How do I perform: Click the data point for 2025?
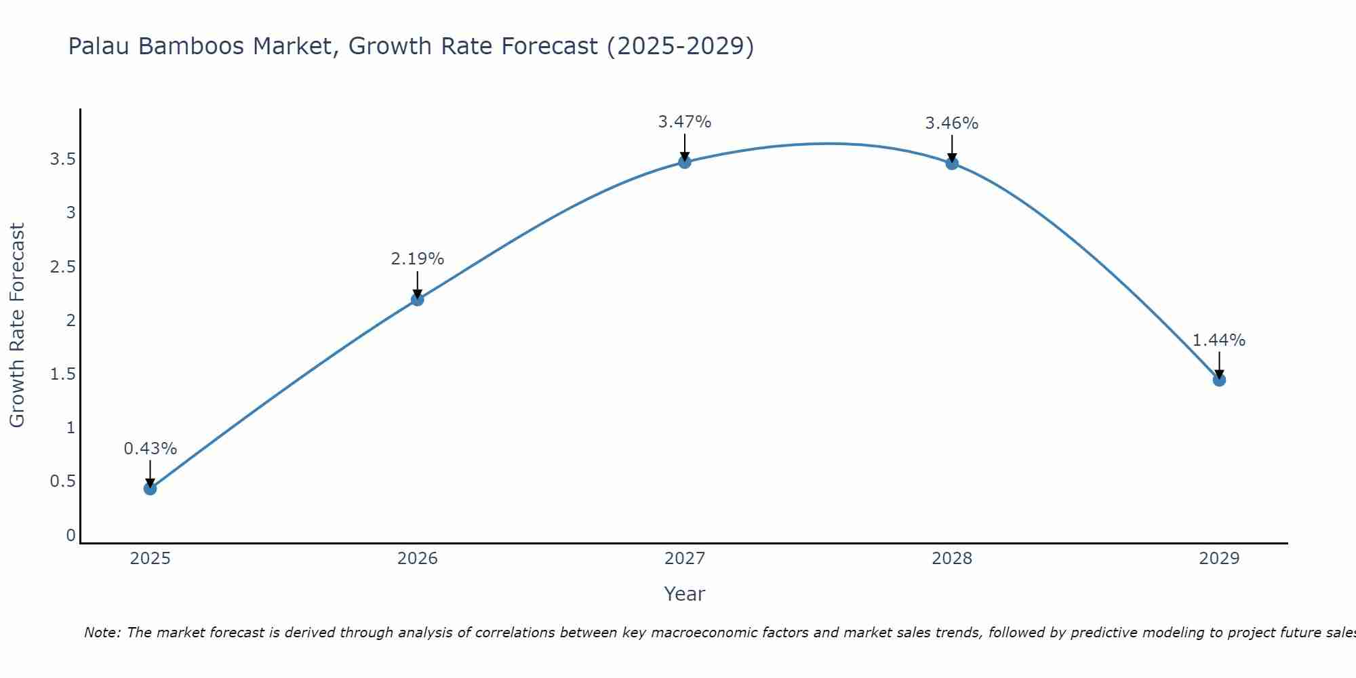150,488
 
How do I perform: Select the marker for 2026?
417,299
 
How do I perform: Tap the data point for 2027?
684,161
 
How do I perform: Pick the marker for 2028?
951,163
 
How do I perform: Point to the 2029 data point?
1218,380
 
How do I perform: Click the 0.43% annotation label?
150,448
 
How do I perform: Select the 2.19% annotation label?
417,258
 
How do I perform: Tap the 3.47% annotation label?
684,122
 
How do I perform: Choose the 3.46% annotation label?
951,123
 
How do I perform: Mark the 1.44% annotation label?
1218,340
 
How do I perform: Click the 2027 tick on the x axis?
684,559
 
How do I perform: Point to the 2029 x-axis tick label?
1218,559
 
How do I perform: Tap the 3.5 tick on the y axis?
62,159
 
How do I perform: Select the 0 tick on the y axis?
71,535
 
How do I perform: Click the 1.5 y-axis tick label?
62,374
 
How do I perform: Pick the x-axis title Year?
684,594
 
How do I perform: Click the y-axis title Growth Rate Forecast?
17,325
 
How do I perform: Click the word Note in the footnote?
102,633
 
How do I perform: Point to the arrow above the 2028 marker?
951,146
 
